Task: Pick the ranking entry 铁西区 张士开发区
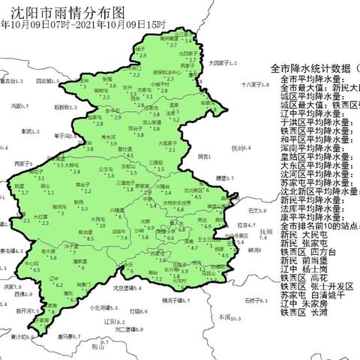[316, 286]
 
